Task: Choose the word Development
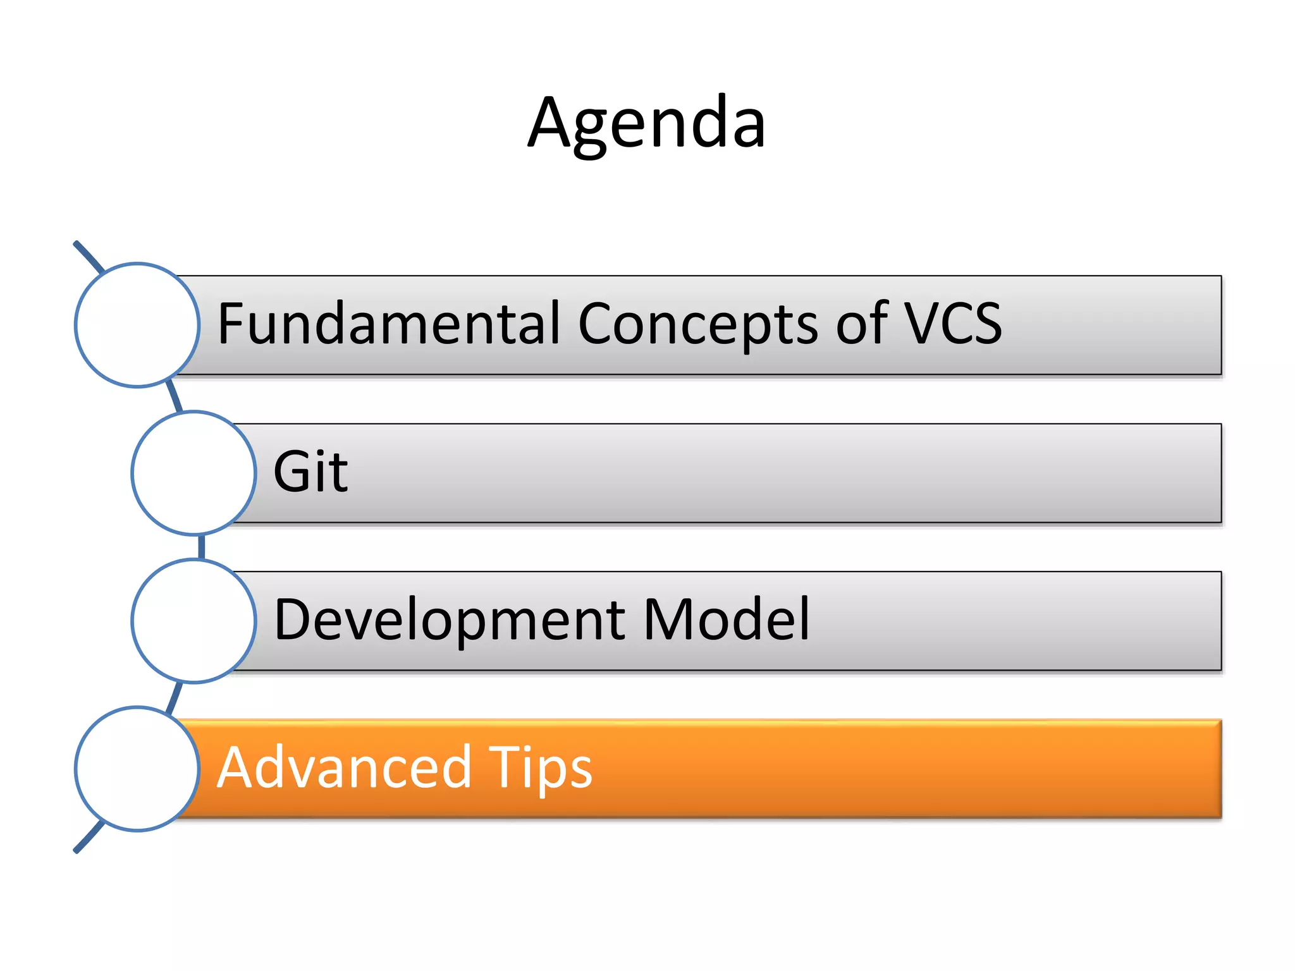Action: (450, 620)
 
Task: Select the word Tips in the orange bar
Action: (540, 769)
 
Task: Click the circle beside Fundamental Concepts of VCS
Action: (137, 325)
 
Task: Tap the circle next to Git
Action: (193, 473)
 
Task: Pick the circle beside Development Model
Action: (193, 621)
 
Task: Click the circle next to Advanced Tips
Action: (137, 769)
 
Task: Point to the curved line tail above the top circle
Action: (87, 255)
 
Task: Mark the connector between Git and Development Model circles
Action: (202, 547)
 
